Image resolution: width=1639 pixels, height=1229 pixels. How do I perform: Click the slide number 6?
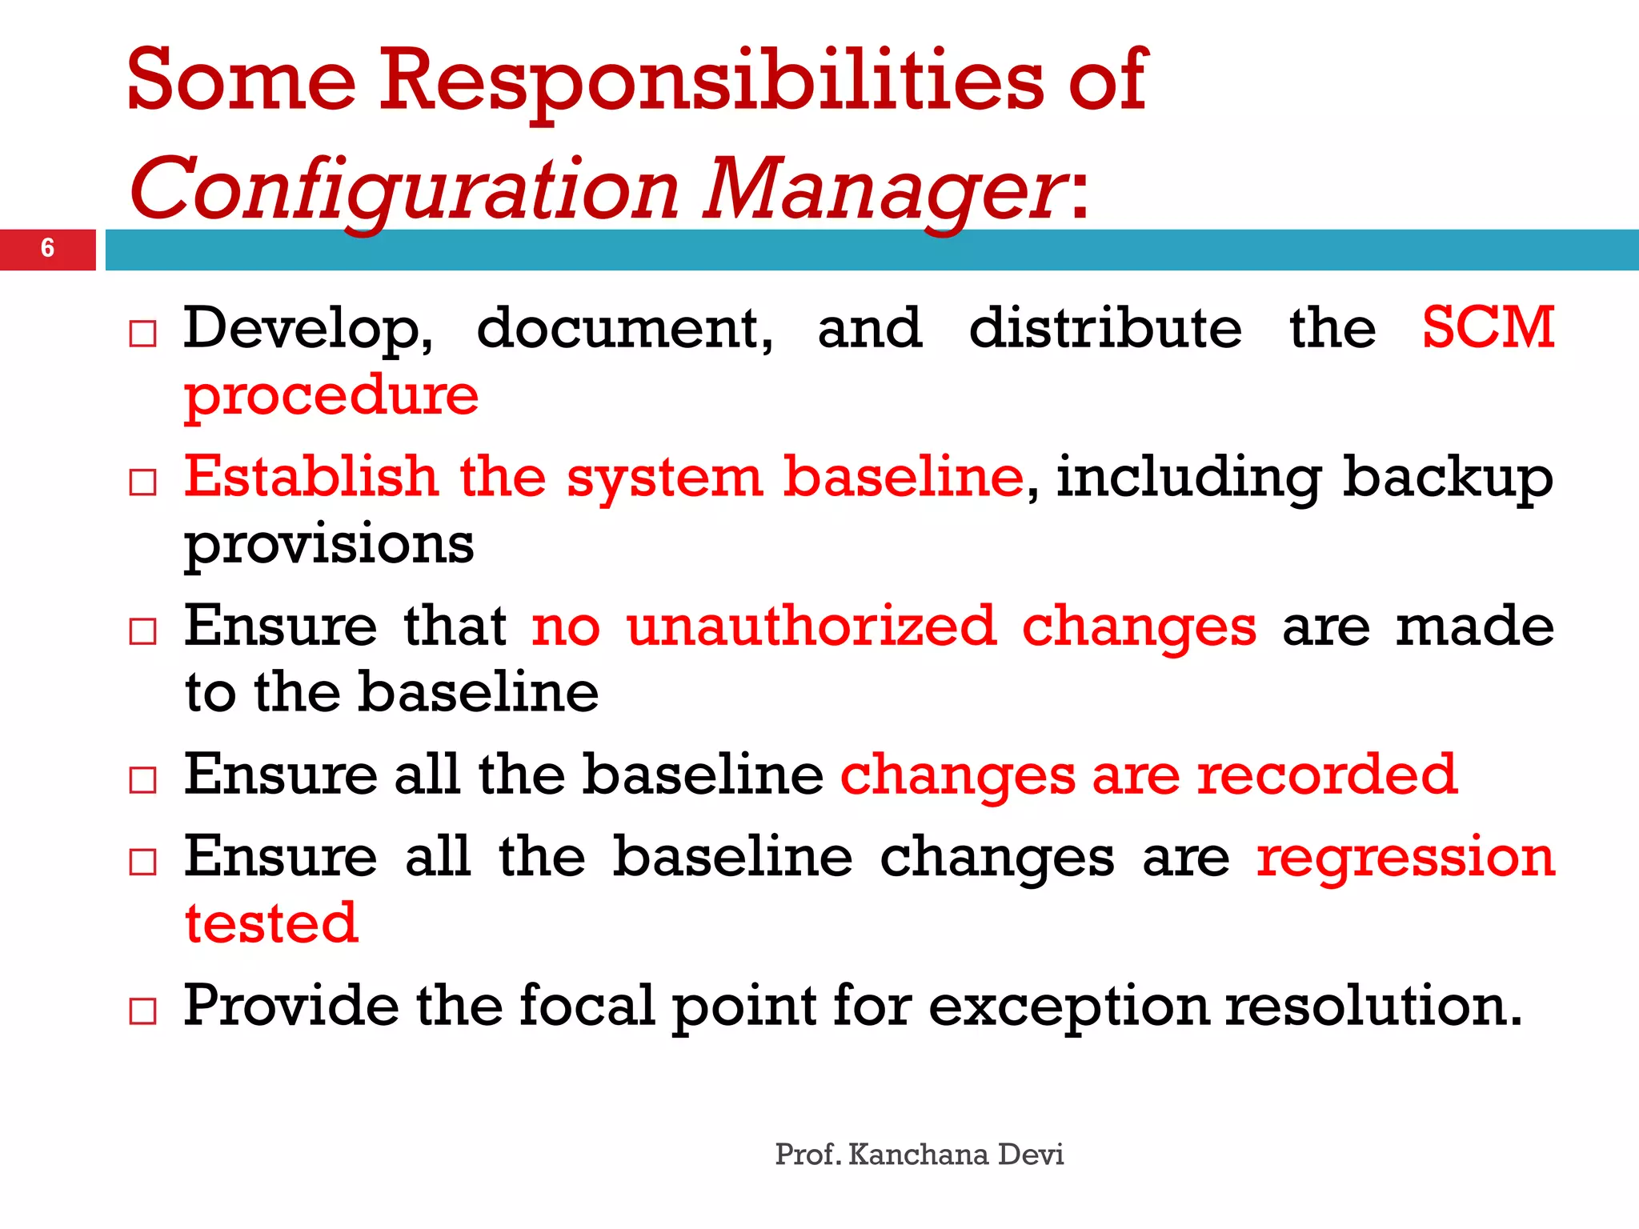coord(47,248)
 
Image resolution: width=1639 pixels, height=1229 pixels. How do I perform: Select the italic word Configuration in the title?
coord(404,190)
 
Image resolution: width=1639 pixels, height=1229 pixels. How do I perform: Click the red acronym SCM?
coord(1488,327)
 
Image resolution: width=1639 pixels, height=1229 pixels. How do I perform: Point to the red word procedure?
coord(331,396)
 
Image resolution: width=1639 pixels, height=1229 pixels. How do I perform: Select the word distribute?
coord(1105,327)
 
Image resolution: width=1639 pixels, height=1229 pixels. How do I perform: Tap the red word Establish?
coord(311,476)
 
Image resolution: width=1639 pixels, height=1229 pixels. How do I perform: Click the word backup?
coord(1448,478)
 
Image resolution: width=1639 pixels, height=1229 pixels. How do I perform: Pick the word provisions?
coord(329,545)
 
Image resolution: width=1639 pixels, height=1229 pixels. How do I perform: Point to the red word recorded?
coord(1327,775)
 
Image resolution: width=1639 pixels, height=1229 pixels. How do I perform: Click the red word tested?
coord(271,923)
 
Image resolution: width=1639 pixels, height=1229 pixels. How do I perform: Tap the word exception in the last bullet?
coord(1068,1007)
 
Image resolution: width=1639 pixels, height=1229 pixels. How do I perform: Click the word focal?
coord(587,1005)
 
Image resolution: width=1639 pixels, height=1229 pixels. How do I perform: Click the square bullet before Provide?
coord(142,1011)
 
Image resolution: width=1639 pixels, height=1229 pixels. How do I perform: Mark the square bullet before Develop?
coord(142,334)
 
